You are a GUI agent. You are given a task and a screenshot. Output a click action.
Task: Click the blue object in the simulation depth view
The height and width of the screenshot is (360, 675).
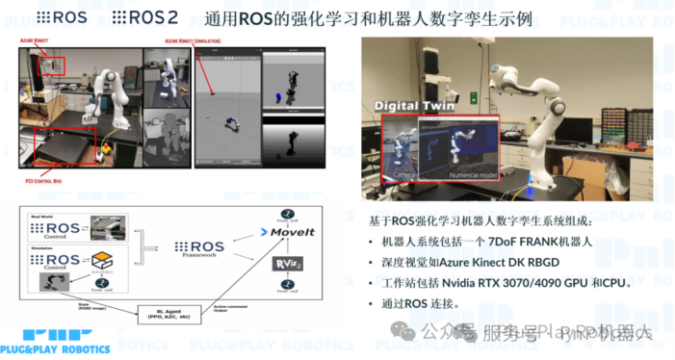[278, 95]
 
